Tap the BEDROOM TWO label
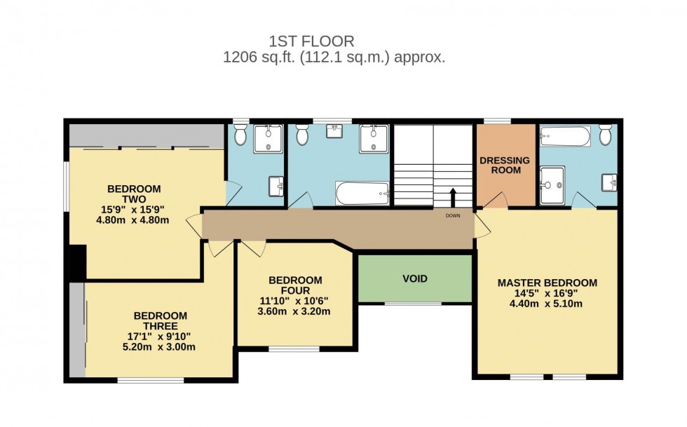click(x=133, y=194)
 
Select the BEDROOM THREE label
click(x=160, y=320)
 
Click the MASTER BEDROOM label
click(x=547, y=283)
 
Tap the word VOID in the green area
click(x=414, y=278)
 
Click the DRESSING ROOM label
click(x=505, y=165)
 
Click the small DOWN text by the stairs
click(x=453, y=216)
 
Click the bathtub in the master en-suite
click(x=565, y=135)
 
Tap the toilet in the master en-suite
click(x=606, y=134)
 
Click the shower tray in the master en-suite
click(x=553, y=179)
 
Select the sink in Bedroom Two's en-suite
click(x=276, y=186)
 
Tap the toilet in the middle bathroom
click(x=302, y=134)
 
